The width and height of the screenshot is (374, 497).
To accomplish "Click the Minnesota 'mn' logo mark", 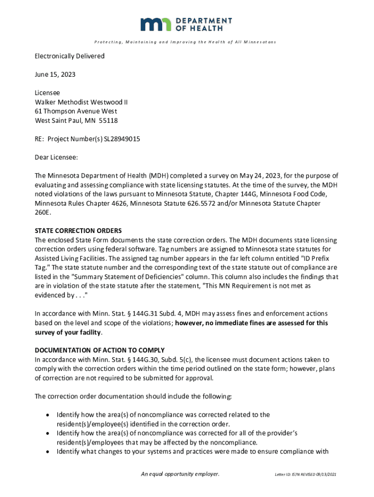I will click(x=156, y=24).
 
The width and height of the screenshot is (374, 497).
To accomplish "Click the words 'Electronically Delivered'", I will click(x=69, y=56).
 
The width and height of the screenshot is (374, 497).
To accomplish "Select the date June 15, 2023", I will click(x=55, y=75).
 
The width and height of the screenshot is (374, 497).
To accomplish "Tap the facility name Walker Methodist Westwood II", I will click(x=81, y=102).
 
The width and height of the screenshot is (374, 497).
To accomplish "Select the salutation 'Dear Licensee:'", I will click(x=56, y=157).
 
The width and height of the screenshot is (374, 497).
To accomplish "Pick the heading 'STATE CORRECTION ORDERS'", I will click(x=78, y=231).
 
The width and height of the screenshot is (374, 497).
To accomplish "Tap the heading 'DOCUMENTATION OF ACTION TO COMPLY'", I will click(x=100, y=350).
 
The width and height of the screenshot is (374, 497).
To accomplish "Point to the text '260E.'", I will click(x=43, y=213).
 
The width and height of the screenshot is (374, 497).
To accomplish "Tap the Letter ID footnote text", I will click(x=305, y=474).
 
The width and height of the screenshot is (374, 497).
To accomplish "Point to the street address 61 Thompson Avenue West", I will click(x=76, y=111).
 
